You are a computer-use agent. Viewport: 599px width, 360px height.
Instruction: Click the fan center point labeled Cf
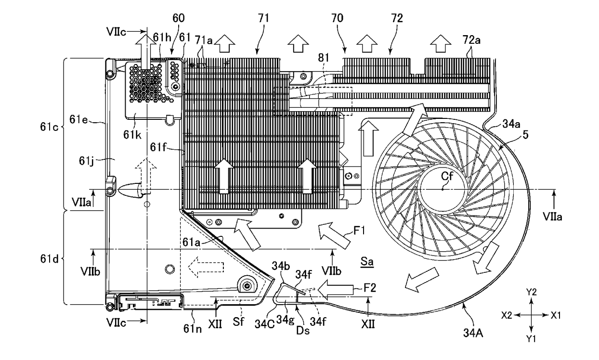(x=443, y=189)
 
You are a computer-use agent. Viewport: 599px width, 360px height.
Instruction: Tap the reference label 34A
(x=473, y=333)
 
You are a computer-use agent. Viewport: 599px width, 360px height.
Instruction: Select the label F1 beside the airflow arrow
(x=359, y=231)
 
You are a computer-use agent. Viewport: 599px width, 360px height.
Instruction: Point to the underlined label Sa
(x=366, y=261)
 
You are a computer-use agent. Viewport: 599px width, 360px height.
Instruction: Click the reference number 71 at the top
(x=263, y=18)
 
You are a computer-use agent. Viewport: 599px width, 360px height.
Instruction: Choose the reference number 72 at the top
(x=397, y=18)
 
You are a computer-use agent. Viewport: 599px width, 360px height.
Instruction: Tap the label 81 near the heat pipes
(x=323, y=57)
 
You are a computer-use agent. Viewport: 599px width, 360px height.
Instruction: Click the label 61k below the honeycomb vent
(x=132, y=135)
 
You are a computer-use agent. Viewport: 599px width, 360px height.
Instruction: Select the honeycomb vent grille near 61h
(x=150, y=83)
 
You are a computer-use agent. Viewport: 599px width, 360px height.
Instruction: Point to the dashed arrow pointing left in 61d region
(x=206, y=267)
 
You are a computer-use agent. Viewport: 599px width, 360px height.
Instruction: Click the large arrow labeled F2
(x=335, y=289)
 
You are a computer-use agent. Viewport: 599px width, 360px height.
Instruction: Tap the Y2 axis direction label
(x=531, y=292)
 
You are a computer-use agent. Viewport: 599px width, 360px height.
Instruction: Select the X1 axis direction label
(x=556, y=315)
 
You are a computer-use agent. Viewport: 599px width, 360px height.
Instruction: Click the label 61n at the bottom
(x=193, y=329)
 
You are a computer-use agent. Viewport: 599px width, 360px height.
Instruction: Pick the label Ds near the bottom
(x=303, y=331)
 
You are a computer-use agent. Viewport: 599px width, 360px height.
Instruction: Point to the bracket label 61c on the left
(x=49, y=127)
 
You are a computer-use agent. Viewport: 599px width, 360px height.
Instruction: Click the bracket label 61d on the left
(x=49, y=259)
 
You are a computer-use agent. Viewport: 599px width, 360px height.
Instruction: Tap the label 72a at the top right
(x=471, y=40)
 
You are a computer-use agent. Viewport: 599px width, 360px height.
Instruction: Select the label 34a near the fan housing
(x=511, y=124)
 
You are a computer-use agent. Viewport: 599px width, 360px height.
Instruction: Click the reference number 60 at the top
(x=178, y=18)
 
